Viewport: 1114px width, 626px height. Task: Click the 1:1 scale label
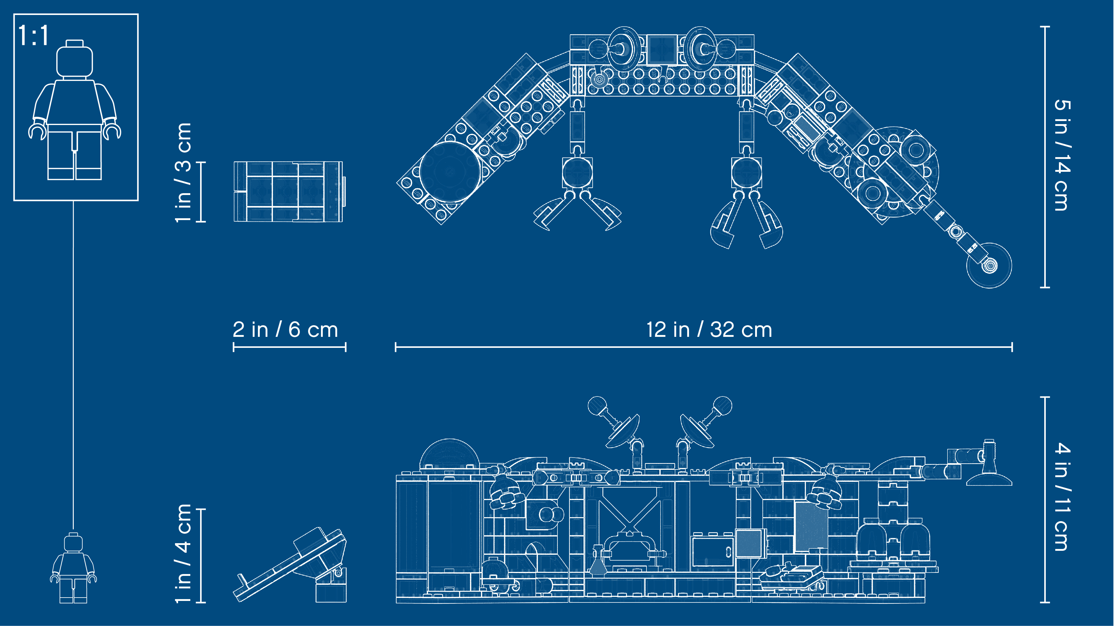pyautogui.click(x=33, y=35)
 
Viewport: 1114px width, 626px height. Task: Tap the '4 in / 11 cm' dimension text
pyautogui.click(x=1062, y=497)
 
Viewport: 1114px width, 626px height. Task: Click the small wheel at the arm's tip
pyautogui.click(x=989, y=265)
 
